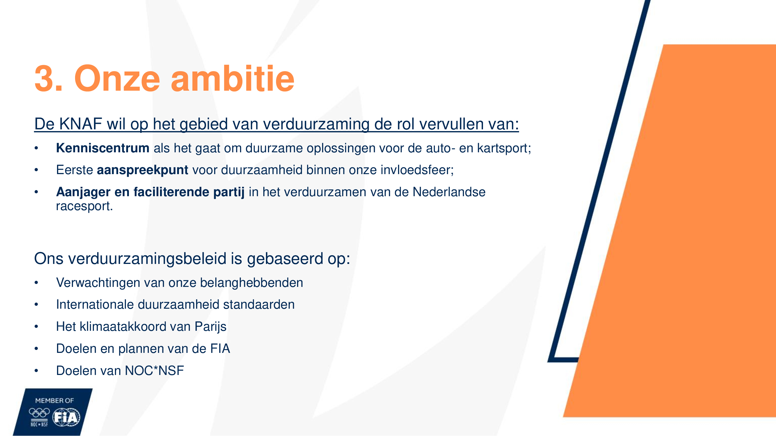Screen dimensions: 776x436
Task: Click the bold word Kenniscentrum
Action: pos(103,148)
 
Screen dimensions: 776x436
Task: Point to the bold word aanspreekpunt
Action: pos(143,170)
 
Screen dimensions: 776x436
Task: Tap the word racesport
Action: pos(84,206)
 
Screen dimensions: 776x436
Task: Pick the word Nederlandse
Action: pos(449,192)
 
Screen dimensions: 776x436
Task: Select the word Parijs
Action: pos(210,327)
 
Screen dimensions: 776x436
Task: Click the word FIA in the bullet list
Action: pos(220,349)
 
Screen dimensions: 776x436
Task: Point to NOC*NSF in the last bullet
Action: pos(154,370)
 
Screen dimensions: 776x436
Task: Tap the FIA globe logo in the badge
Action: pos(66,417)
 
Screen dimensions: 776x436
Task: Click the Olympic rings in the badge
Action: pos(39,412)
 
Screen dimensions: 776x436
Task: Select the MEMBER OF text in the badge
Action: pos(54,401)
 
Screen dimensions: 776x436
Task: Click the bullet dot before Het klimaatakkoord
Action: pos(36,327)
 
